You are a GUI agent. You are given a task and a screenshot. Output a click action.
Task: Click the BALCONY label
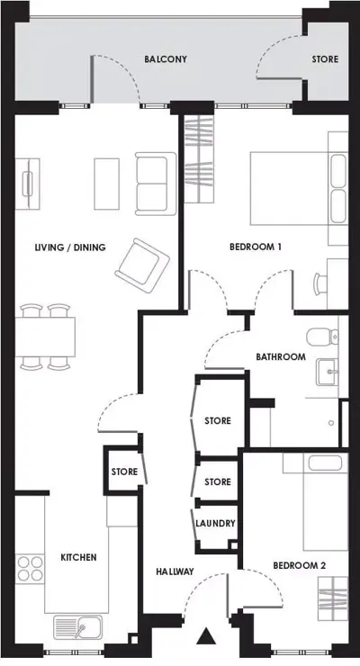tap(166, 59)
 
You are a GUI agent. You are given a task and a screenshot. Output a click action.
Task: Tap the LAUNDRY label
tap(215, 523)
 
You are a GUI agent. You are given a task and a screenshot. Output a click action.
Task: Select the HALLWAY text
tap(175, 571)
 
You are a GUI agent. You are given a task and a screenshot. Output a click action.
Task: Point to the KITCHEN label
tap(78, 557)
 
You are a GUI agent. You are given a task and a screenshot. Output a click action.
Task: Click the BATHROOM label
tap(281, 356)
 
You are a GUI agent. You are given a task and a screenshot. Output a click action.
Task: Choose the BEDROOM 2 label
tap(300, 566)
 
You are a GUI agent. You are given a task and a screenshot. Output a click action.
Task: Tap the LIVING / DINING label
tap(70, 247)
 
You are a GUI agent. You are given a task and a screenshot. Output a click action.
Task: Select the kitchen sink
tap(77, 627)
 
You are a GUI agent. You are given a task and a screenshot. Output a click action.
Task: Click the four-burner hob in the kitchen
tap(30, 568)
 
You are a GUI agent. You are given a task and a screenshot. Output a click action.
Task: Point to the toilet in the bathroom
tap(322, 337)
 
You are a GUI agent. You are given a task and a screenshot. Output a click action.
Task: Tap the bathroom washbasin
tap(327, 372)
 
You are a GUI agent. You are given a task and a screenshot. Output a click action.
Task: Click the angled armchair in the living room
tap(142, 265)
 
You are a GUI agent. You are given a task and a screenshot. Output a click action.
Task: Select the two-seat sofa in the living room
tap(156, 184)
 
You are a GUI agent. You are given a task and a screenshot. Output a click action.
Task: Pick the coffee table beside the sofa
tap(106, 184)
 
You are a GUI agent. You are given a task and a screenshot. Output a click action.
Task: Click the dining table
tap(45, 337)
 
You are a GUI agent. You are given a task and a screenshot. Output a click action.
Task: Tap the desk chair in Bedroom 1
tap(320, 283)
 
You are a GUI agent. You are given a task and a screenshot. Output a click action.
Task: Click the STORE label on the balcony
tap(325, 59)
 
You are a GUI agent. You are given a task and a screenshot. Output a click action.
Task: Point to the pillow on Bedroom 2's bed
tap(325, 463)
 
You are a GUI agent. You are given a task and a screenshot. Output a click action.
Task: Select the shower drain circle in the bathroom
tap(331, 423)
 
